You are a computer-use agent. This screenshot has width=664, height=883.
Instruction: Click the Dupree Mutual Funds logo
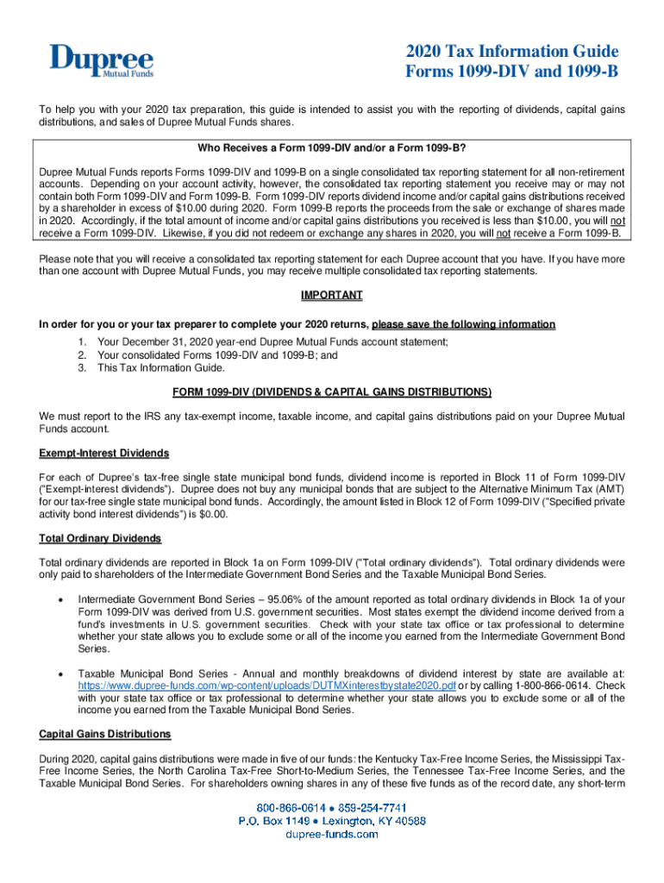pos(101,62)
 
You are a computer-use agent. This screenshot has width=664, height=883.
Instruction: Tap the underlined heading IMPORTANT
pos(331,295)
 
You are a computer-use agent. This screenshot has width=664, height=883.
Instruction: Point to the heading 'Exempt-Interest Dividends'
pos(103,453)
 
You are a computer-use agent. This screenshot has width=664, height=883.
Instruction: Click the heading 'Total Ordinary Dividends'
pos(100,538)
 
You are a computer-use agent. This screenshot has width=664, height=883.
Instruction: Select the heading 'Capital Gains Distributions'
pos(104,734)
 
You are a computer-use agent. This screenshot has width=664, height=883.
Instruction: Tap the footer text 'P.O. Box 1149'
pos(278,821)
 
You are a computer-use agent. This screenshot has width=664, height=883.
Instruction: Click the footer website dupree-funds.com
pos(332,835)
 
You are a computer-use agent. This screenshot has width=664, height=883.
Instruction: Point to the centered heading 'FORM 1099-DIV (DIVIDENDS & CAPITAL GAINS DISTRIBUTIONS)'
pos(331,392)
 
